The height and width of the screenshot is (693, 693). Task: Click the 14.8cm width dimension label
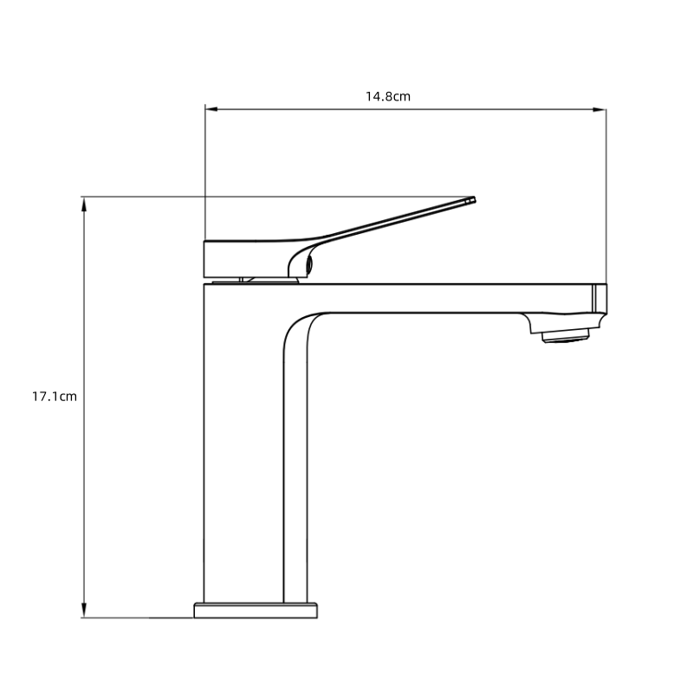[x=387, y=96]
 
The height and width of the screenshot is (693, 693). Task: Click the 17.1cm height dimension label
[x=55, y=397]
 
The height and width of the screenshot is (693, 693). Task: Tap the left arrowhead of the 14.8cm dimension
[x=210, y=109]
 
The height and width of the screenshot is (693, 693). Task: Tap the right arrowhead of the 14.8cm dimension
[x=600, y=109]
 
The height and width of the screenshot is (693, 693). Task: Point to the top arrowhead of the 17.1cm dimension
[x=84, y=203]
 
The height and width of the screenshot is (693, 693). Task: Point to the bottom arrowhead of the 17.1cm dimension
[x=84, y=612]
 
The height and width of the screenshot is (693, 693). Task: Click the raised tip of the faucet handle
[x=471, y=200]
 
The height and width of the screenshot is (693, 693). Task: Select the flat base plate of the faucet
[x=256, y=610]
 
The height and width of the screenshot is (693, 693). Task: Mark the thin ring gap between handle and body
[x=251, y=280]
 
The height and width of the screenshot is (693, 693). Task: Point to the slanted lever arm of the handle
[x=390, y=222]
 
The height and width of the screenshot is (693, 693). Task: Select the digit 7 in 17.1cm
[x=42, y=397]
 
